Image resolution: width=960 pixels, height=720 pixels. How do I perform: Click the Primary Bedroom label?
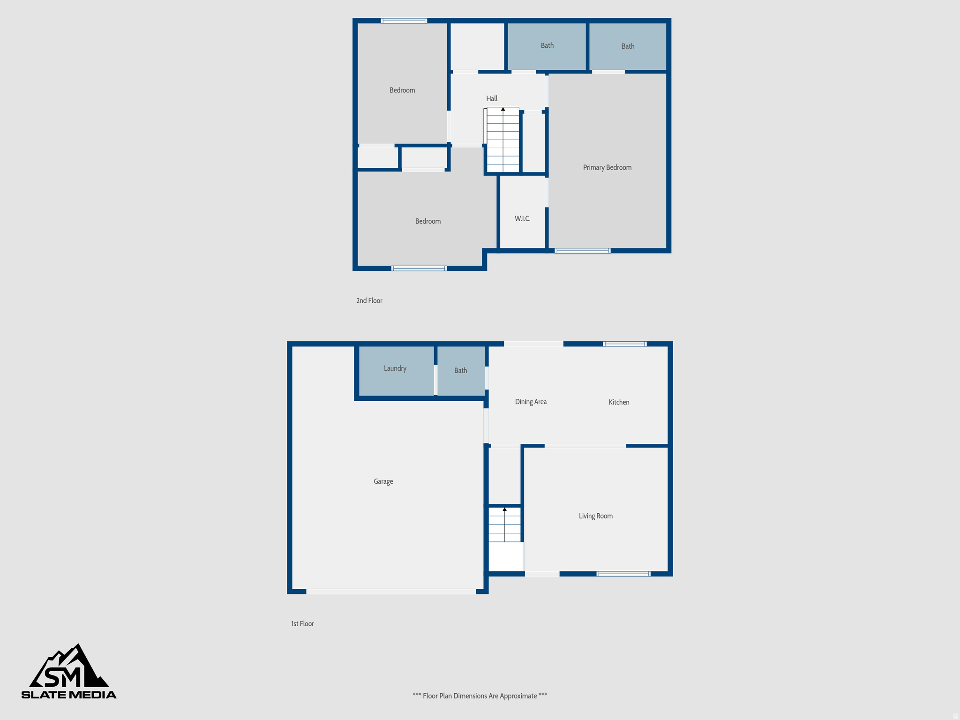(607, 168)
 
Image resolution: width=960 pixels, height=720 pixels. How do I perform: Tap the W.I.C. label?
(522, 219)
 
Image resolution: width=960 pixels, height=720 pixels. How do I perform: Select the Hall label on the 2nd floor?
(492, 98)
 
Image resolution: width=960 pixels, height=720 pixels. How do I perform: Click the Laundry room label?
(395, 368)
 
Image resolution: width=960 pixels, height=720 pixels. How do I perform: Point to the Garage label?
(383, 481)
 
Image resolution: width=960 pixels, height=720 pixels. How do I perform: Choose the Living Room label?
(595, 516)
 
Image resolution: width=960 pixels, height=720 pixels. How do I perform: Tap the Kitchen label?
(619, 402)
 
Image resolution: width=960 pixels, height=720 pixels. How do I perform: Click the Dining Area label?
(531, 402)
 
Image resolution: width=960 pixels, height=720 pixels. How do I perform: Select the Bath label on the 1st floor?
(460, 370)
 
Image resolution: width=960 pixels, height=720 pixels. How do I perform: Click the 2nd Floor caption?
(369, 301)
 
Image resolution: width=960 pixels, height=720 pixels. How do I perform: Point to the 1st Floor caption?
(302, 624)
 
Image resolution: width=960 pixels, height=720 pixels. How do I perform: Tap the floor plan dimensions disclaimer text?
(480, 696)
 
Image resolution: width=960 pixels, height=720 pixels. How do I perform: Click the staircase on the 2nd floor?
(503, 140)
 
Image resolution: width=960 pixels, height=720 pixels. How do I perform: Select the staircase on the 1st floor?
(504, 525)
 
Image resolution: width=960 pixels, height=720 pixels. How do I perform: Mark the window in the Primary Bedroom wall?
(583, 251)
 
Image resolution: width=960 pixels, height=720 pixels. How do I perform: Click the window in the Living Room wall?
(623, 574)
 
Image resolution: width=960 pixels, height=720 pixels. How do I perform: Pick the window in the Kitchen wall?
(625, 344)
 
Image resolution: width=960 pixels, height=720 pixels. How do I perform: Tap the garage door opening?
(391, 592)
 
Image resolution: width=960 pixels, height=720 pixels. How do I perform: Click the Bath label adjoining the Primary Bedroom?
(628, 46)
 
